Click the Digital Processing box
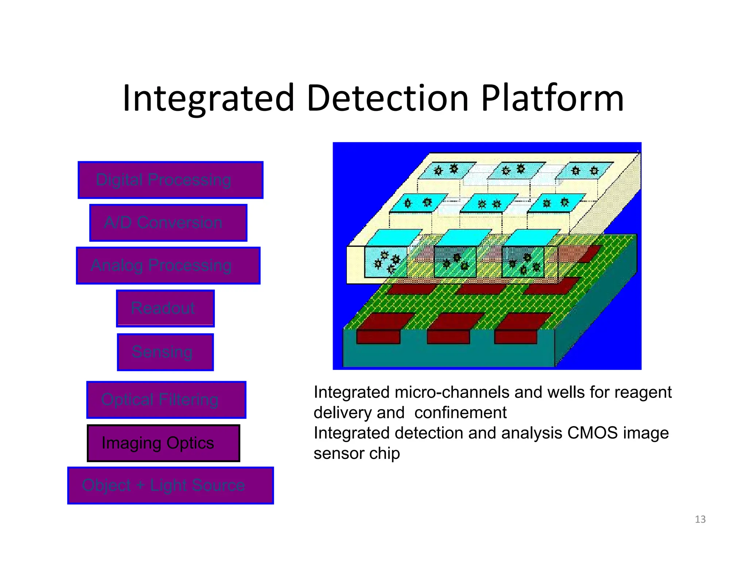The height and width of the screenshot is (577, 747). (170, 180)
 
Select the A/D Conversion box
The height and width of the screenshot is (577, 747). (168, 222)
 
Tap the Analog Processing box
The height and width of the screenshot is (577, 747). (168, 266)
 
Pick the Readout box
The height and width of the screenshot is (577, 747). (165, 309)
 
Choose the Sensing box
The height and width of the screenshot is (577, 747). (165, 352)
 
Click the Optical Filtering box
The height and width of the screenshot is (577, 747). (166, 400)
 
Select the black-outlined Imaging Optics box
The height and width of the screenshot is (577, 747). (163, 443)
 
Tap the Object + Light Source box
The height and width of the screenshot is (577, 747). (170, 485)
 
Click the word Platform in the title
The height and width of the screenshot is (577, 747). (552, 98)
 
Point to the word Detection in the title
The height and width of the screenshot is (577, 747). (387, 98)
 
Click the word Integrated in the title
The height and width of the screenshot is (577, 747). (208, 98)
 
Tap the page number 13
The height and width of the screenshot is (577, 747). (700, 519)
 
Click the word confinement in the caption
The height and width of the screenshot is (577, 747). (460, 413)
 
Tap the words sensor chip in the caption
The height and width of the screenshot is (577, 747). (356, 453)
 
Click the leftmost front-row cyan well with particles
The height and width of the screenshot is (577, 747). (386, 262)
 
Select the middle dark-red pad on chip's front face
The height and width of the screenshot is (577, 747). (448, 337)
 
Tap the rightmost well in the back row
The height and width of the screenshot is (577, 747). (585, 170)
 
